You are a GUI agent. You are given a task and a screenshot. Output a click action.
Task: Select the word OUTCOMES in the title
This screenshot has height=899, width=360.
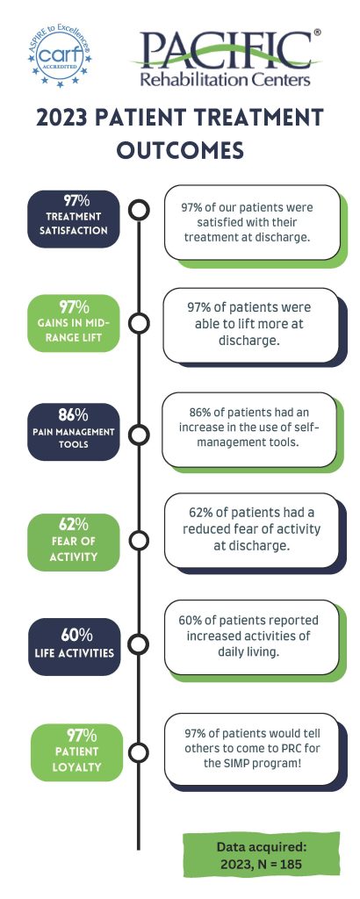(180, 151)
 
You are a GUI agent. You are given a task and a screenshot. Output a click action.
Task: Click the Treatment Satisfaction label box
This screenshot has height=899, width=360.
(74, 219)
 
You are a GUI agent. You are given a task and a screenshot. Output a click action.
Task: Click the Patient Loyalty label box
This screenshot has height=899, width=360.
(76, 752)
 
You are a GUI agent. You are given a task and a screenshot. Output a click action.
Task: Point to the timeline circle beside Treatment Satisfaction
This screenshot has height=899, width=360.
(139, 210)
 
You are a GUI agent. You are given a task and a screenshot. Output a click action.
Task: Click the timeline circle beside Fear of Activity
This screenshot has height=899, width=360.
(139, 540)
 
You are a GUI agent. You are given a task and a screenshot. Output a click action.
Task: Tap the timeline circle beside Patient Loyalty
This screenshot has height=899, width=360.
(139, 752)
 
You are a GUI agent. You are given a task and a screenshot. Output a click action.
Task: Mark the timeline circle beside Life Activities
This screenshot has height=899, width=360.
(139, 644)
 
